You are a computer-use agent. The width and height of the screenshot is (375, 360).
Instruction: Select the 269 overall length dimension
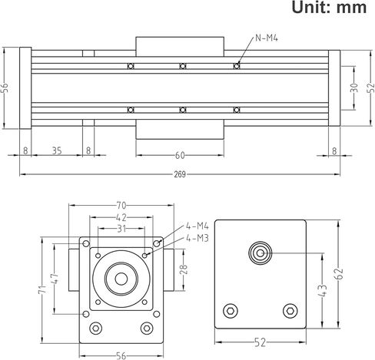[181, 174]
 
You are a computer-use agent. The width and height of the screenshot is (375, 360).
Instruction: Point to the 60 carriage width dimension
[180, 155]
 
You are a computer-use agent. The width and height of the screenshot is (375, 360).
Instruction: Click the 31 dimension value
[121, 229]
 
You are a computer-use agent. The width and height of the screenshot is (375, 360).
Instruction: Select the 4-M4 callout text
[197, 226]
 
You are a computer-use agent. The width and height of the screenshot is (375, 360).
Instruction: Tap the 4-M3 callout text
[197, 238]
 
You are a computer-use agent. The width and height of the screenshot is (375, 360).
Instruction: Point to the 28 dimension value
[182, 269]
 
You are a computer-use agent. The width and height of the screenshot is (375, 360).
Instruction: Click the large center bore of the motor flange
[121, 277]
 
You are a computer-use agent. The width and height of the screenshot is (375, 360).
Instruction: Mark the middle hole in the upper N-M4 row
[183, 66]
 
